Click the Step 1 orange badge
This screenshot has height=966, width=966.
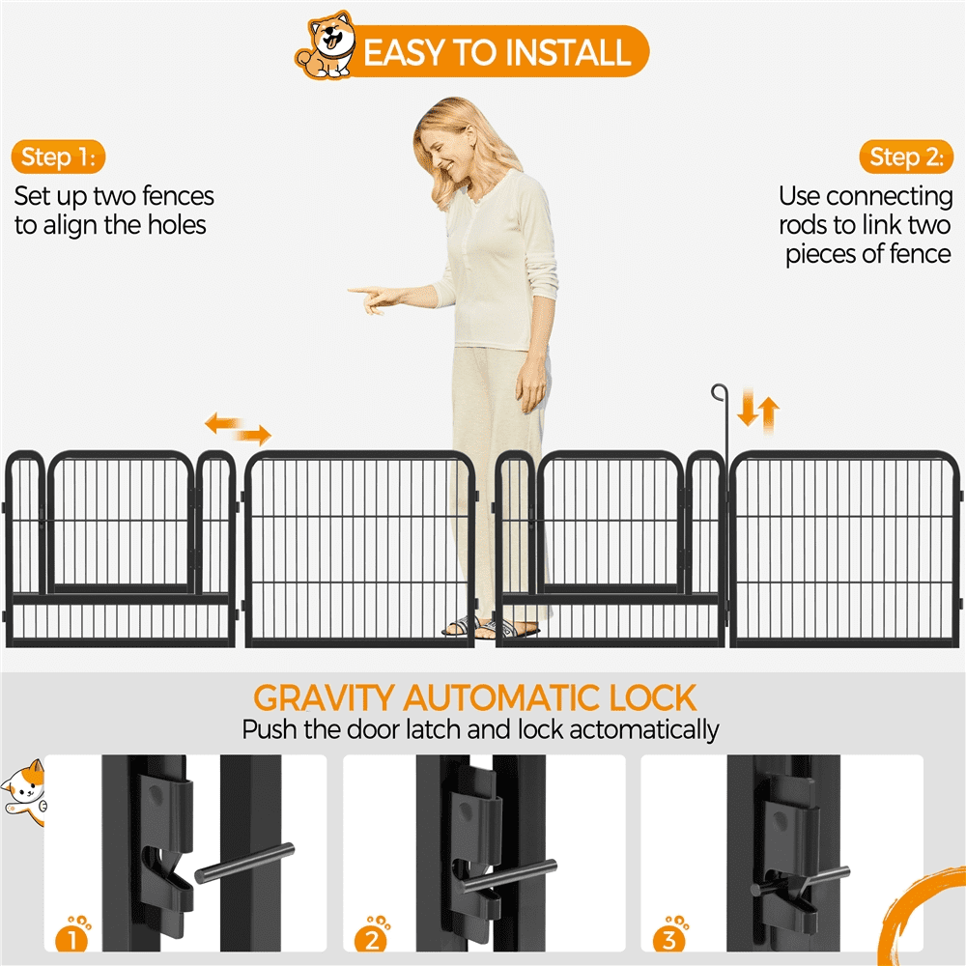[58, 157]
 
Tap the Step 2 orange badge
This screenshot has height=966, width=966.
[906, 157]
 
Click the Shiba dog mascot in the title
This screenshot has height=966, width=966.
[326, 45]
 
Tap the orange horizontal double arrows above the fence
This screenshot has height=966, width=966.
[238, 429]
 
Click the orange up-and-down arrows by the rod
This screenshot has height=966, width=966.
[758, 412]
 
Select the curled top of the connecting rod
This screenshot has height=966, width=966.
[719, 392]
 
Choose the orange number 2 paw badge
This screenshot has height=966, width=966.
[372, 934]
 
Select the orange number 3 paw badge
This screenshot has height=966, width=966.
[669, 934]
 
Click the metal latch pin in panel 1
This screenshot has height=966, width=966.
[244, 863]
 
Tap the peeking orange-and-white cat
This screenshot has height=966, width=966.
[25, 793]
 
